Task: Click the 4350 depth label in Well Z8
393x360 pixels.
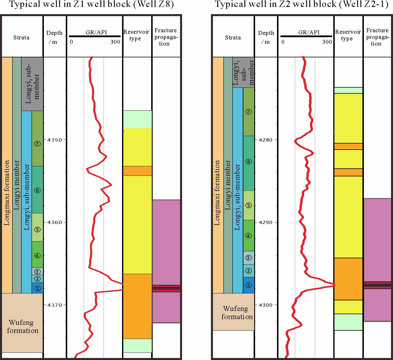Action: point(55,140)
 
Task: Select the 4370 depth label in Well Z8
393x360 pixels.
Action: point(55,305)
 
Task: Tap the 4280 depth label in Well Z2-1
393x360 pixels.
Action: point(266,140)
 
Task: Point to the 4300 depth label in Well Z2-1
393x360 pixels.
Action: point(266,305)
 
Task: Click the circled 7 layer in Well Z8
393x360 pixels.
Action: point(37,144)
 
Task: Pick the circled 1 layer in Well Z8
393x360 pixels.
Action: point(37,289)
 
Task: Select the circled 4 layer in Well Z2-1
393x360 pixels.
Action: point(248,236)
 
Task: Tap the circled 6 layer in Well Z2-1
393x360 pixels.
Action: point(248,162)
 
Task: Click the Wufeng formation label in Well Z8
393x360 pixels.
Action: point(22,326)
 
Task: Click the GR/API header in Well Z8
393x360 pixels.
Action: point(96,32)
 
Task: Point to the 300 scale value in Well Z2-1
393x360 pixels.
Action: point(327,42)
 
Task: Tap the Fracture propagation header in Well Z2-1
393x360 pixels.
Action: point(377,37)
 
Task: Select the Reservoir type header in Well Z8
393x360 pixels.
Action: point(136,35)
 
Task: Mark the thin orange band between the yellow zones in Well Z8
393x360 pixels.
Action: point(138,171)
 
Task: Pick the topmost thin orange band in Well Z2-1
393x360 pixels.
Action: point(348,146)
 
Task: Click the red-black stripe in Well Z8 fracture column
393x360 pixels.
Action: point(166,288)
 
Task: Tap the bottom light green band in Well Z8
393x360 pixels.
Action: point(138,345)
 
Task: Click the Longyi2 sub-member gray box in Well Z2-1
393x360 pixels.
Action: point(244,72)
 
